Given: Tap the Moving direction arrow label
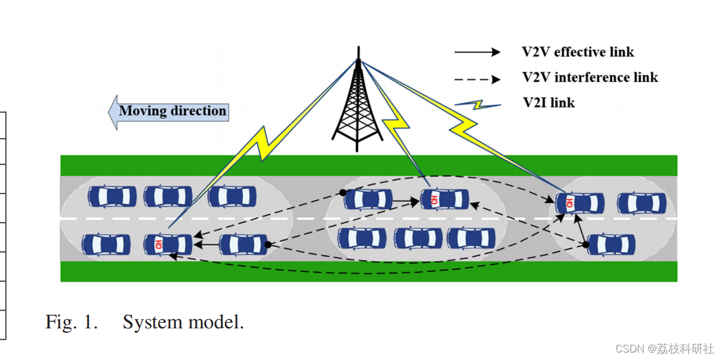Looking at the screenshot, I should point(172,111).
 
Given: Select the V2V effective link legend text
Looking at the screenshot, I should point(577,52).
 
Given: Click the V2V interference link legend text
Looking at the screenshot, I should point(590,77).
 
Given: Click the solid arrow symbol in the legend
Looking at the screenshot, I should point(477,52).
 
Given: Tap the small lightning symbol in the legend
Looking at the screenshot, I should point(477,105).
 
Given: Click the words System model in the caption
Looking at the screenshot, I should point(183,322).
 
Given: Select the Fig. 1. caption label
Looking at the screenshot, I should point(71,322).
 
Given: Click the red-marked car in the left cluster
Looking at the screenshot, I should point(167,244).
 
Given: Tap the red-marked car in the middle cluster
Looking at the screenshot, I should point(445,200).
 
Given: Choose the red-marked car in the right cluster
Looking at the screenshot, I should point(580,203).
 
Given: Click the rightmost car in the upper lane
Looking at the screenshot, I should point(641,203).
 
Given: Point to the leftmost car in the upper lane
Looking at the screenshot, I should point(112,197).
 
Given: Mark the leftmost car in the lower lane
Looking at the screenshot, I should point(106,244).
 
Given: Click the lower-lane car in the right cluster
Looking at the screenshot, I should point(611,244).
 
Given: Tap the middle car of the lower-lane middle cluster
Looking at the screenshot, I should point(418,238).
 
